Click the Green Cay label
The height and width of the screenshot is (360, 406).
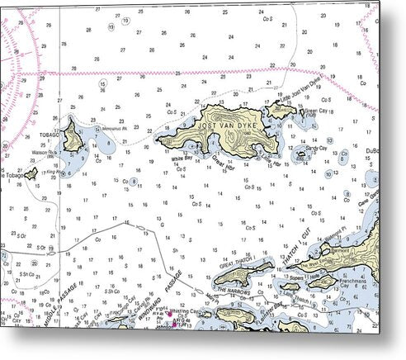coord(318,111)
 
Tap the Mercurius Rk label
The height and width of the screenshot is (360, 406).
coord(112,128)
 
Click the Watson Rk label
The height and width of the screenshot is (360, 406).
coord(44,152)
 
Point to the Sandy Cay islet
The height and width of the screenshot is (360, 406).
coord(300,153)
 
